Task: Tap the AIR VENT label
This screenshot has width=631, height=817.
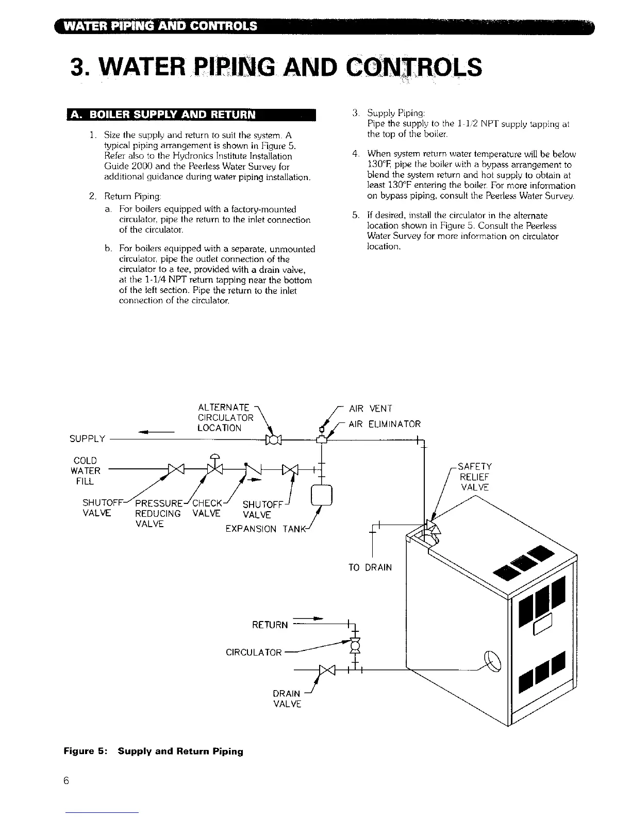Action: [x=370, y=408]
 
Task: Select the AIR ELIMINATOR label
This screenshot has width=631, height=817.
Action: [x=385, y=424]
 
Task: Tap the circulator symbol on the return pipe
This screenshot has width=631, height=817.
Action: [x=355, y=645]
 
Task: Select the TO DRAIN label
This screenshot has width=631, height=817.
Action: [x=370, y=567]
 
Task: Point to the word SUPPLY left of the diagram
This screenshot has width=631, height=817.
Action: [x=87, y=439]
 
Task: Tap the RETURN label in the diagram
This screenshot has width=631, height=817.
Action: [x=270, y=625]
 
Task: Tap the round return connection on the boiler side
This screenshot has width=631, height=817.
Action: [x=492, y=662]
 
